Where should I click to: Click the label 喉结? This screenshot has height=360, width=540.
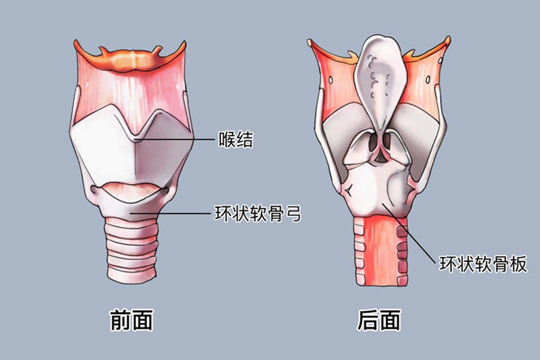click(x=235, y=139)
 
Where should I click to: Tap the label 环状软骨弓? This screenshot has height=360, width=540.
click(x=257, y=214)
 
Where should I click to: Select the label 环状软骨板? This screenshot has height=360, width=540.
click(x=483, y=264)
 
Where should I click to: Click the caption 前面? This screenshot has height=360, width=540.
click(x=131, y=320)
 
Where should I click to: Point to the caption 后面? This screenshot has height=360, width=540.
click(x=379, y=320)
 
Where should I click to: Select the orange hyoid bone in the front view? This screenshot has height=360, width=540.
click(x=132, y=58)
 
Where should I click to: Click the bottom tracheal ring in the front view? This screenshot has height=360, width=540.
click(x=132, y=273)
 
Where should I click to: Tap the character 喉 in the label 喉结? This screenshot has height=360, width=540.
click(x=227, y=139)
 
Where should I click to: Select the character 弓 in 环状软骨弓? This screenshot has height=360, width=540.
click(x=291, y=214)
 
